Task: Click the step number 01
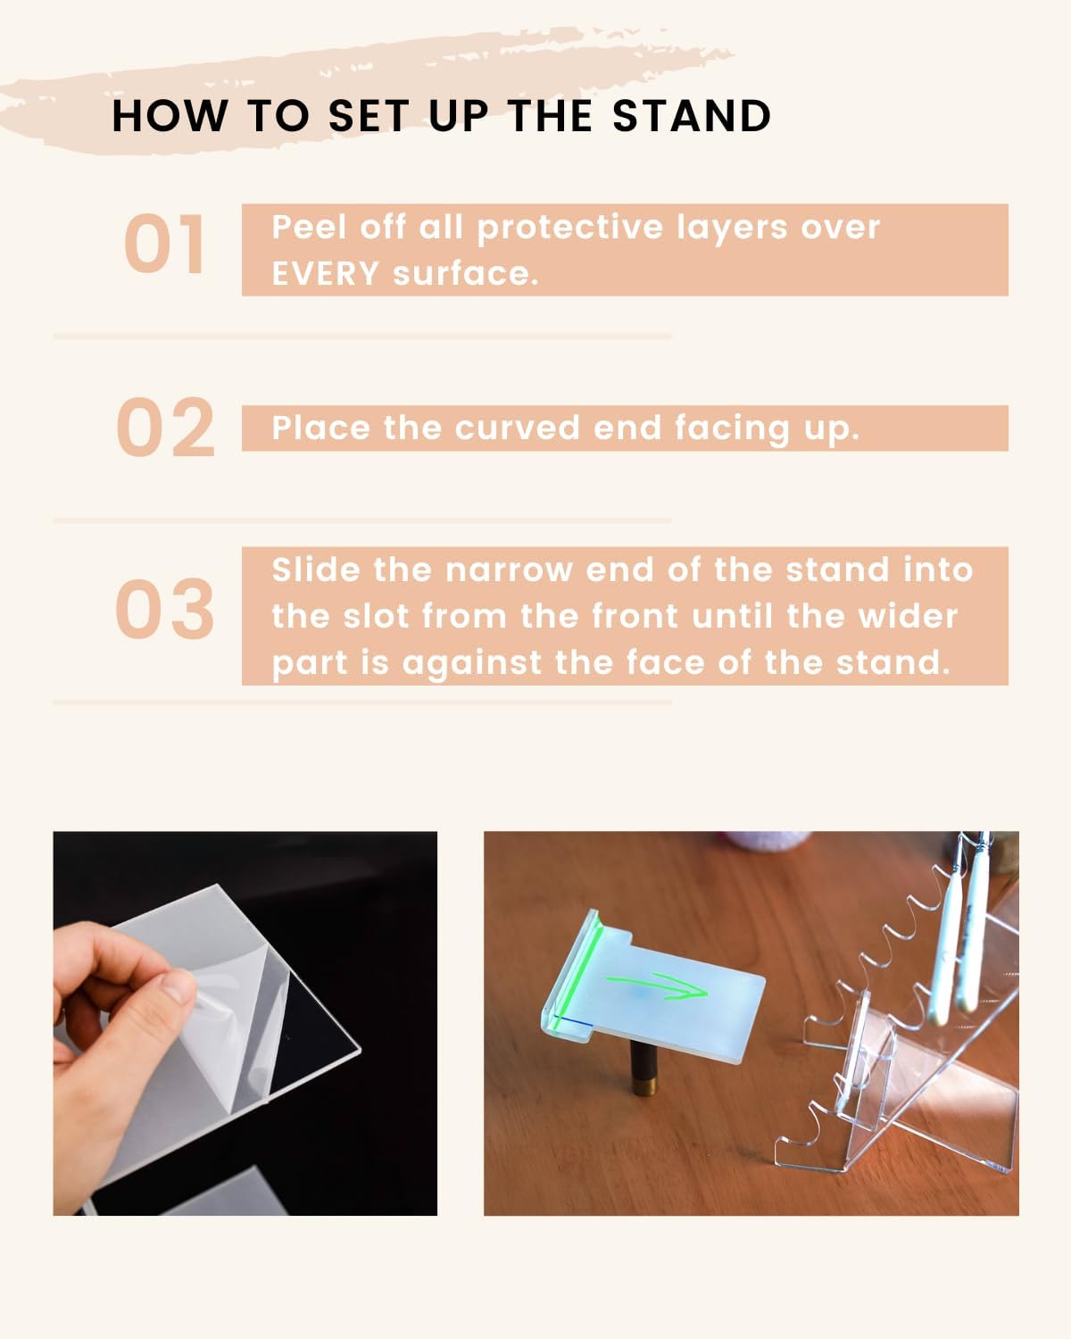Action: point(164,244)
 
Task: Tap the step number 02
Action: point(165,428)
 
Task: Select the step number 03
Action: point(165,609)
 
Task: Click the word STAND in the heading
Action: point(692,116)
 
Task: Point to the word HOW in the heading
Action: point(170,116)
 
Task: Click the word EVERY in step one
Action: point(326,274)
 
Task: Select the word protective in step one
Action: point(570,228)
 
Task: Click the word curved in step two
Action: point(517,428)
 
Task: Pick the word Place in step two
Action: point(321,428)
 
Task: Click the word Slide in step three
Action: point(316,570)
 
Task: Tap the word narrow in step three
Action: point(509,570)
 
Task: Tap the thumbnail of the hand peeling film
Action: point(245,1023)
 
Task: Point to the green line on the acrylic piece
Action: point(577,977)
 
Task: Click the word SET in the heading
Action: point(369,116)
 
